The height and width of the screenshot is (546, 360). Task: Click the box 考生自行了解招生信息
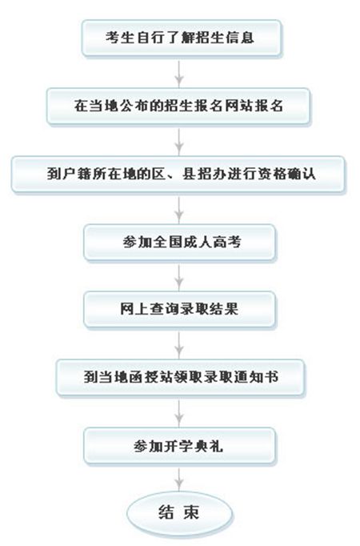pyautogui.click(x=182, y=38)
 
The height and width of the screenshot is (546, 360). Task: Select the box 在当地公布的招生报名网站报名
pyautogui.click(x=178, y=106)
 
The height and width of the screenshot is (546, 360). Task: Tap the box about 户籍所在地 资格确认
pyautogui.click(x=178, y=174)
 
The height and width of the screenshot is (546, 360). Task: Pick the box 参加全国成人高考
pyautogui.click(x=179, y=242)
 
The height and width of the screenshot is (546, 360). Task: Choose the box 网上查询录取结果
pyautogui.click(x=179, y=310)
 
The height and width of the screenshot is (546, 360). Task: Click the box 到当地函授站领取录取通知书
pyautogui.click(x=180, y=377)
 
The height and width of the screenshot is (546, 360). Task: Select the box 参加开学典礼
pyautogui.click(x=179, y=446)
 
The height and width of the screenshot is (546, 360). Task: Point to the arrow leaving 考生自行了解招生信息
pyautogui.click(x=179, y=73)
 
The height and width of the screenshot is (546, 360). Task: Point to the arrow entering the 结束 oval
pyautogui.click(x=179, y=479)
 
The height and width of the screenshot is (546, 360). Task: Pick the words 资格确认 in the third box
pyautogui.click(x=286, y=174)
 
